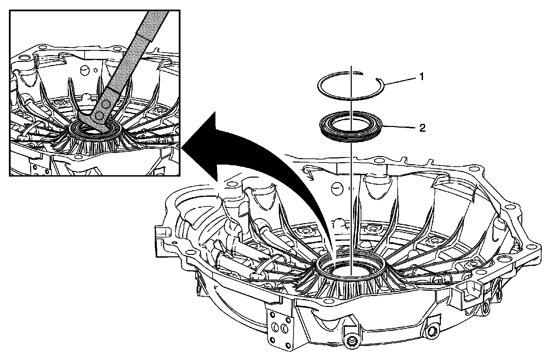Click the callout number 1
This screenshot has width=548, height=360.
click(422, 77)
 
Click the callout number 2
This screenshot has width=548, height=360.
click(423, 128)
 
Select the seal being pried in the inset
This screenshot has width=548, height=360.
click(94, 129)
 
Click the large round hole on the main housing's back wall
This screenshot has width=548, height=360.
click(337, 187)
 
